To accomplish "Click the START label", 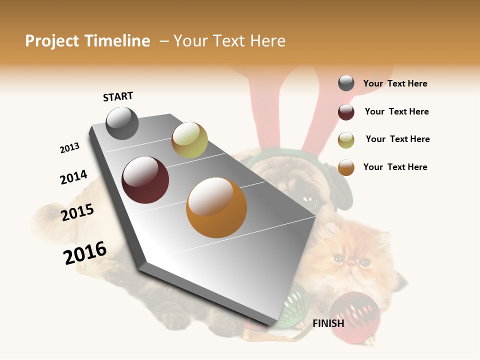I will (118, 96).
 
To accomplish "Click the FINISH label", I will (328, 323).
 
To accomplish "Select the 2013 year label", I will (69, 148).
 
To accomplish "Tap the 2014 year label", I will (73, 177).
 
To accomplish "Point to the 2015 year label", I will (77, 212).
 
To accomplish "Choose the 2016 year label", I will (85, 252).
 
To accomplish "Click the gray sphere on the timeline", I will (122, 123).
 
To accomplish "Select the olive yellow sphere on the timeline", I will (189, 140).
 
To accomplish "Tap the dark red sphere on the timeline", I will (145, 180).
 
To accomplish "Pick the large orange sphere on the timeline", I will (216, 207).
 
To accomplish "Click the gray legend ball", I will (346, 83).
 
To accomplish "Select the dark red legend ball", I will (346, 112).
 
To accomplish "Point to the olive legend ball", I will (346, 140).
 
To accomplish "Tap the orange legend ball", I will (346, 167).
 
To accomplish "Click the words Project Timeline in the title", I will (87, 41).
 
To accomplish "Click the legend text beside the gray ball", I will (395, 83).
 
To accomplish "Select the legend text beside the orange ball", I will (395, 167).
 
